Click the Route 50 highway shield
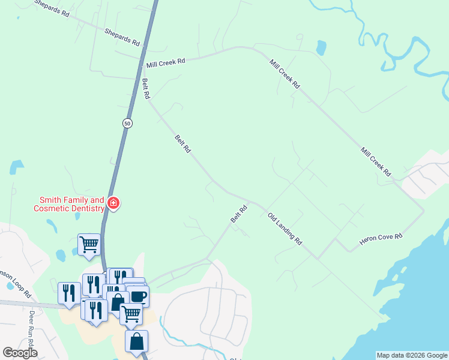[127, 123]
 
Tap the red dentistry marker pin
[113, 204]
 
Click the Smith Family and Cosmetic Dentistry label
[71, 204]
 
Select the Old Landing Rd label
[285, 229]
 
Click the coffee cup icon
[138, 296]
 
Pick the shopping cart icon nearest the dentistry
[89, 244]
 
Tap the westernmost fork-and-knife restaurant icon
[68, 292]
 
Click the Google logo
[20, 353]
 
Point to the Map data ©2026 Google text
[412, 355]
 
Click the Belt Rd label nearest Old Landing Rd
[240, 215]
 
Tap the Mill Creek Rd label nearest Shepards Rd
[165, 62]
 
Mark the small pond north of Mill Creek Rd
[321, 47]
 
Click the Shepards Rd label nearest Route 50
[122, 38]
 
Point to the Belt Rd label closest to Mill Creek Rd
[145, 89]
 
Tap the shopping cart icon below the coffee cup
[131, 313]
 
